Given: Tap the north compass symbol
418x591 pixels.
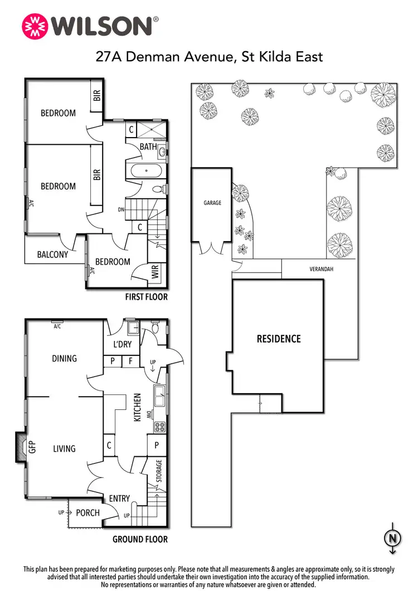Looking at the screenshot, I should [393, 538].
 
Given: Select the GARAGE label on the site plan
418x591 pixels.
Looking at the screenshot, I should [212, 203].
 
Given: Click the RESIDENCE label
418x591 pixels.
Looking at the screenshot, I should [278, 339].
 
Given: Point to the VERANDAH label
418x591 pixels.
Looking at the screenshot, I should [323, 269].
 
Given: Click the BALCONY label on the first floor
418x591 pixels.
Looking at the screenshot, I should [52, 255].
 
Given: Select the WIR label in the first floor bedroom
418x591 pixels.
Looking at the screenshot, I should [155, 272].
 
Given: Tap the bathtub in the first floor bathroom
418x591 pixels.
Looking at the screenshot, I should [146, 172].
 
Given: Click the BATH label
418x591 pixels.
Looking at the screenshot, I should [148, 147].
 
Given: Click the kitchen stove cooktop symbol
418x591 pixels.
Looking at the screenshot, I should [160, 428].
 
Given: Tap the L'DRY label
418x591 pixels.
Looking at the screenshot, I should [122, 345].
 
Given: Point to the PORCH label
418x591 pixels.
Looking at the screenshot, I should [88, 512].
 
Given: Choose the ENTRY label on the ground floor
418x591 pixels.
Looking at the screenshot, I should [119, 499].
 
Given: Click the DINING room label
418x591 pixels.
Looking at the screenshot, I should [64, 358].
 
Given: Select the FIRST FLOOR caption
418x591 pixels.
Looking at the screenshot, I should [146, 297].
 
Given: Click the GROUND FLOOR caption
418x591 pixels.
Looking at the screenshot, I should [140, 539].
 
